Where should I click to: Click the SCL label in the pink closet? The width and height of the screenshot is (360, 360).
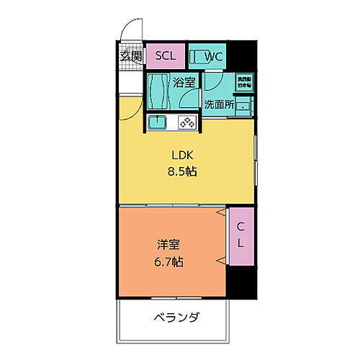(166, 55)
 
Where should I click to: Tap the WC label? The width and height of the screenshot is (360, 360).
(214, 56)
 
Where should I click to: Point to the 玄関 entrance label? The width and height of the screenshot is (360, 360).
(130, 56)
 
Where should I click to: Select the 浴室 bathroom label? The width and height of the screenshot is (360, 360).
(184, 83)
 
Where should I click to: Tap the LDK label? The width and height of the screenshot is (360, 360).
(183, 155)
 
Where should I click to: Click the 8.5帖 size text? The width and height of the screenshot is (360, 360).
(184, 173)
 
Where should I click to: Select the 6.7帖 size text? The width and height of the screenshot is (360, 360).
(168, 262)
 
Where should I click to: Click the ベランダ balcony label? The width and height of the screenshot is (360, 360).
(176, 317)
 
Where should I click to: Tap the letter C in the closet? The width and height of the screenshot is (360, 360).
(240, 227)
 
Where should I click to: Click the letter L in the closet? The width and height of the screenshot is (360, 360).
(240, 243)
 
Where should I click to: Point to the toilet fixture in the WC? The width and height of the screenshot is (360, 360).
(198, 56)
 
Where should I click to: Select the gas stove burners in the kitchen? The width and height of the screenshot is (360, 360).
(187, 122)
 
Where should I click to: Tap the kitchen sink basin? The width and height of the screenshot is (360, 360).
(158, 122)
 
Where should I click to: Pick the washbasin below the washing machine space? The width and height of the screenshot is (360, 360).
(246, 106)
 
